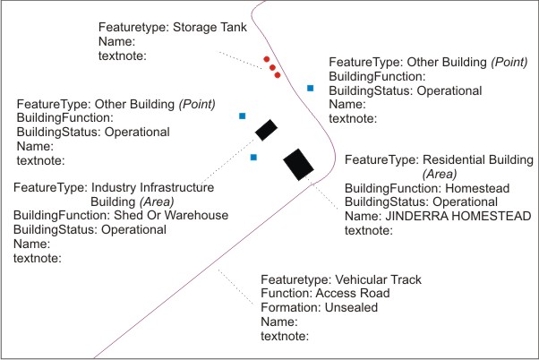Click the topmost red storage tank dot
[x=267, y=60]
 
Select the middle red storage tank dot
[x=272, y=67]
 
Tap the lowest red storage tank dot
[x=278, y=75]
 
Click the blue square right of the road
[x=311, y=88]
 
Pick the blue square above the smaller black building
[x=243, y=116]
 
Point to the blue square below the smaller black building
[x=254, y=158]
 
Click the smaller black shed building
[x=266, y=130]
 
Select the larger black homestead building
[x=298, y=165]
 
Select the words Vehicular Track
[x=377, y=279]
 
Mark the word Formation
[x=288, y=307]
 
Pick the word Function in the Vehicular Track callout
[x=284, y=294]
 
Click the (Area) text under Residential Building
[x=440, y=174]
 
